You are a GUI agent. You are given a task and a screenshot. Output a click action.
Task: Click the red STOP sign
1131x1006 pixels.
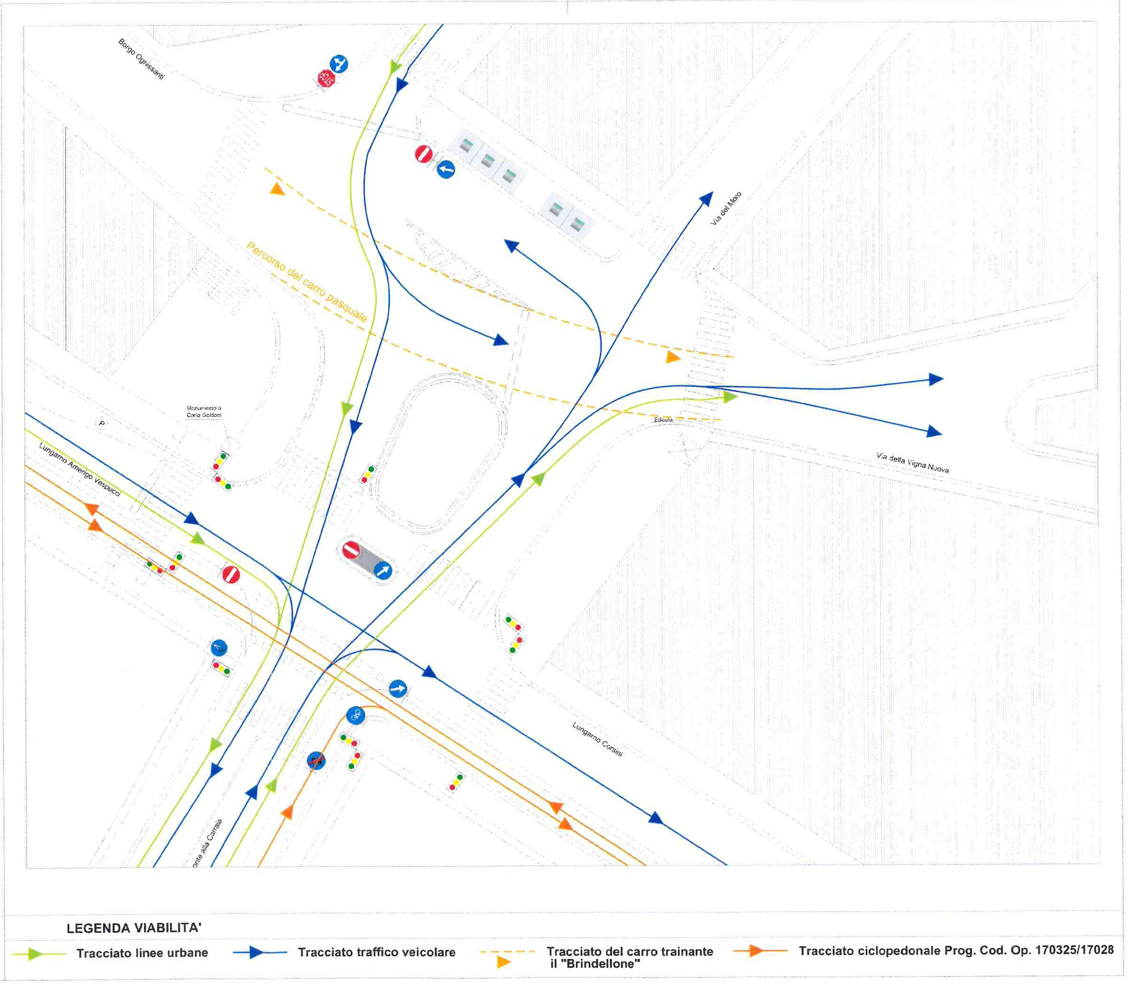326,78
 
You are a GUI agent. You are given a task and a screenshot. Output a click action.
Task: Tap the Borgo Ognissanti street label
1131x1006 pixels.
141,59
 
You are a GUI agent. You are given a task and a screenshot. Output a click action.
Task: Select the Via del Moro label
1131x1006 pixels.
725,208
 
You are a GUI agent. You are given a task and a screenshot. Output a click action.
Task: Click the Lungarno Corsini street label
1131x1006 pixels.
597,739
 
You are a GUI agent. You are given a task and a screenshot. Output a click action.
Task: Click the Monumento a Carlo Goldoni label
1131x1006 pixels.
204,412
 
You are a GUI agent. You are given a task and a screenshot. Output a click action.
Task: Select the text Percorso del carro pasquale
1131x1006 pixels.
306,282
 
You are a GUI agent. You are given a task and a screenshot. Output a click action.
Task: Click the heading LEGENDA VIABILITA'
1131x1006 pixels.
134,928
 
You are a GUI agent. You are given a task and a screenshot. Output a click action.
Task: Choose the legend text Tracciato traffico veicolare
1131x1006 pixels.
376,952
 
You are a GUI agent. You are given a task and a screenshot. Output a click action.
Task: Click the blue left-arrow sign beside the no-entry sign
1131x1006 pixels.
445,169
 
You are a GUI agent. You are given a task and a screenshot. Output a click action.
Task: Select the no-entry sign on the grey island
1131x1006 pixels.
351,550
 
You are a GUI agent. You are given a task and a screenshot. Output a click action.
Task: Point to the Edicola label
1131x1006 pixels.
663,420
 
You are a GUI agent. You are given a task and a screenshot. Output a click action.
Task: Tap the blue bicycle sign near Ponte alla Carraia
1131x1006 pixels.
355,715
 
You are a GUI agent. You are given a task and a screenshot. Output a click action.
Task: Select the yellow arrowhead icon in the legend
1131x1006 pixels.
504,963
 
